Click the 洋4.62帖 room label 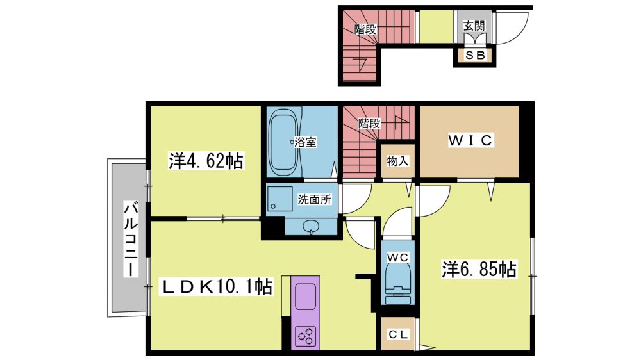[x=206, y=161]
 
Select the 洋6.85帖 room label [x=478, y=269]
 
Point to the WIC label [x=470, y=140]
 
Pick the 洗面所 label [x=314, y=199]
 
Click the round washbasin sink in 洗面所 [x=312, y=226]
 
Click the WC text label [x=397, y=258]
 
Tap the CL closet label [x=398, y=334]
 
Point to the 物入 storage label [x=397, y=161]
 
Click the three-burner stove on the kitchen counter [x=306, y=336]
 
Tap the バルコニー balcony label [x=131, y=240]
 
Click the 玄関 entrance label [x=474, y=26]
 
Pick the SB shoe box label [x=475, y=54]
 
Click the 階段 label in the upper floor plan [x=365, y=29]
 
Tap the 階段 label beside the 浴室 [x=370, y=123]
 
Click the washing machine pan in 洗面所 [x=279, y=199]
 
